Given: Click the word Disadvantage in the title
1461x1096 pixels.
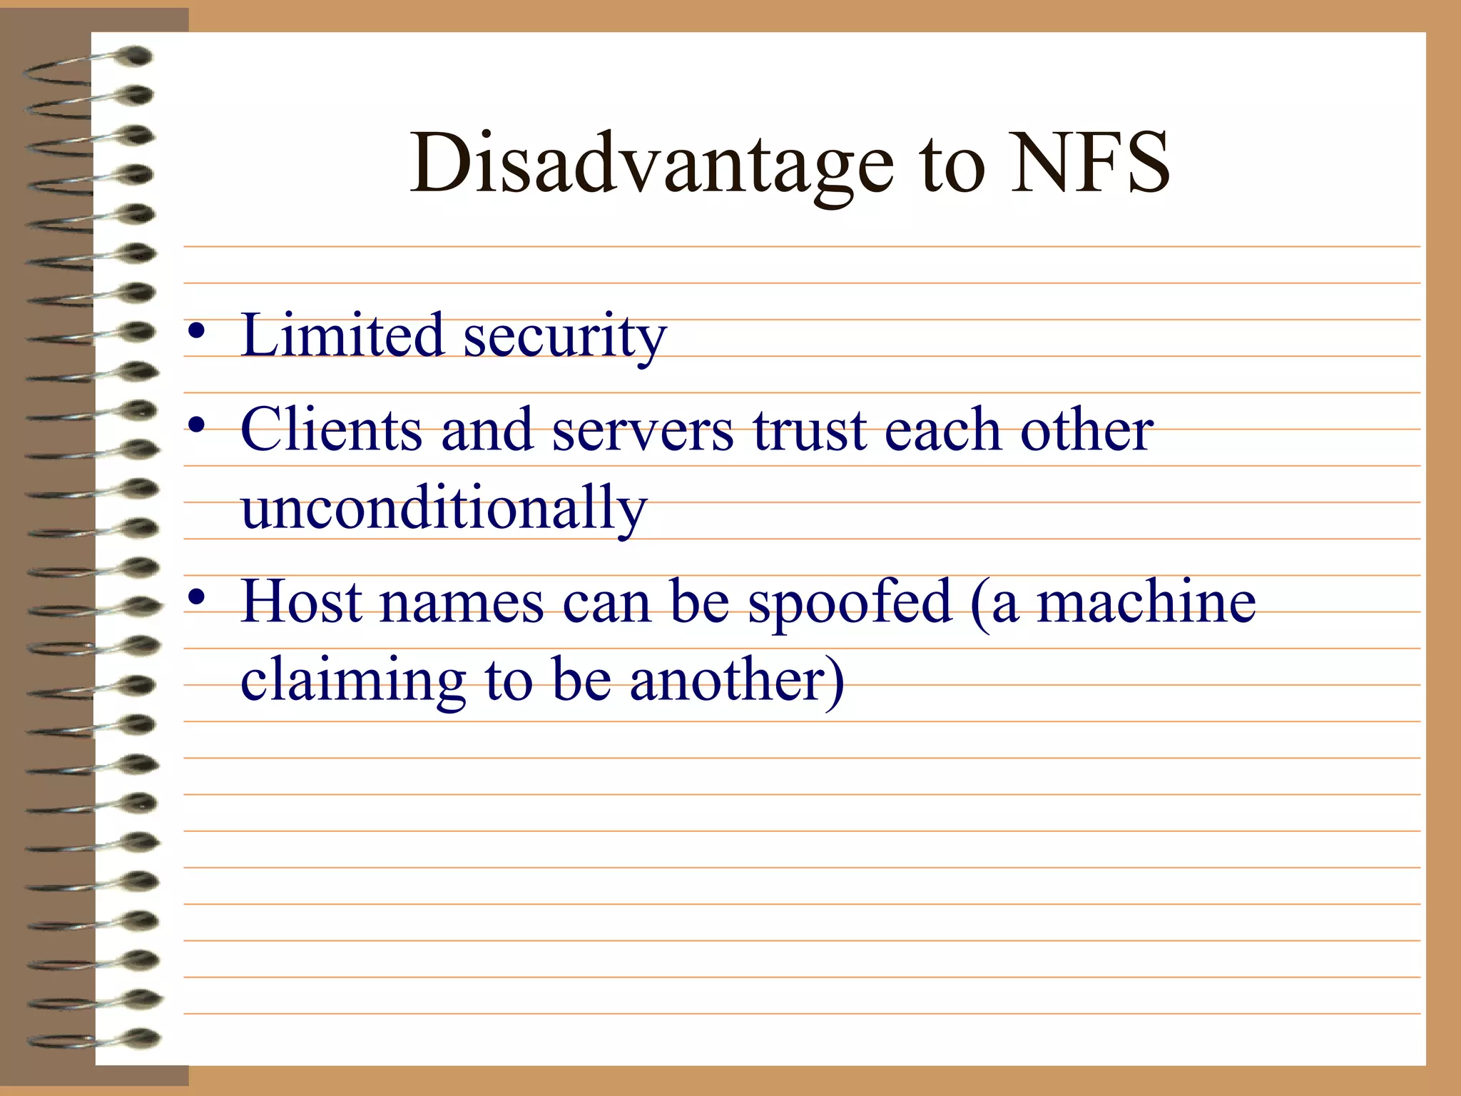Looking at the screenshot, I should tap(651, 164).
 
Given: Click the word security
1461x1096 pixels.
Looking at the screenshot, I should tap(565, 337).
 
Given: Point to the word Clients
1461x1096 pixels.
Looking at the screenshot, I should tap(332, 429).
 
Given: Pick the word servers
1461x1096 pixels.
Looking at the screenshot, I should tap(643, 430).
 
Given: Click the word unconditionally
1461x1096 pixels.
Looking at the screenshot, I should tap(444, 508).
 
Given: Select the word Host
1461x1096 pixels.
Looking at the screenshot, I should tap(302, 601).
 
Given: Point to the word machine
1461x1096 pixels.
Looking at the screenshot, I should tap(1146, 602).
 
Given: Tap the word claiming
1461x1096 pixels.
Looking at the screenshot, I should tap(353, 681).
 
